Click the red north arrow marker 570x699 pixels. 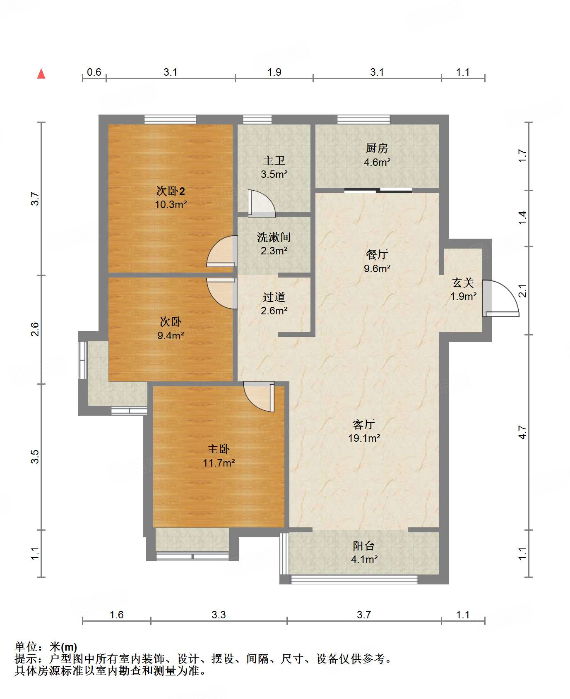(41, 74)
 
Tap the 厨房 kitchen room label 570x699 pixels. (377, 148)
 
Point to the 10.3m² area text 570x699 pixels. (171, 204)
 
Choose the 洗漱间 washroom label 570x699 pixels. (274, 237)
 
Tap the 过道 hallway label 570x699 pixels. (274, 297)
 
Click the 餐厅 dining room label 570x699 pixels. (377, 254)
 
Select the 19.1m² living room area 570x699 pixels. (364, 438)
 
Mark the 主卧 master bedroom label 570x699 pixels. (218, 449)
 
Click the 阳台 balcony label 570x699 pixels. (364, 546)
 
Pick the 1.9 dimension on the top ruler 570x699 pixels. (274, 72)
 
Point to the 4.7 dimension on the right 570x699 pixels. (523, 433)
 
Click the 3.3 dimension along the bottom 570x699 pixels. (219, 615)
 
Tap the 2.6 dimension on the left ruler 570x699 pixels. (35, 329)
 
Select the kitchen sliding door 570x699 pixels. (378, 190)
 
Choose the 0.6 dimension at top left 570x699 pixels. (94, 72)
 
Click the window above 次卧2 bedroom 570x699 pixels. (170, 120)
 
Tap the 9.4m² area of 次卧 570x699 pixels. (171, 335)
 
